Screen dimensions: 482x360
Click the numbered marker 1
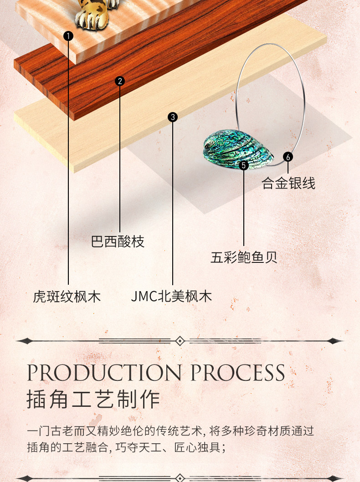point(68,36)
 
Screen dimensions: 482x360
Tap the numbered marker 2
point(120,82)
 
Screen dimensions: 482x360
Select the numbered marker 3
point(173,117)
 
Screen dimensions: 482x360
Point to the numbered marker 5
point(244,165)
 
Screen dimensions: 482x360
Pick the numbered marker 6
point(288,157)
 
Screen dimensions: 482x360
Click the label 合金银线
point(288,183)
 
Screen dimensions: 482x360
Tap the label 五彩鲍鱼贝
point(244,257)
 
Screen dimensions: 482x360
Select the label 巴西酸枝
point(118,241)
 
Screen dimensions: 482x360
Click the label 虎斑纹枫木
point(67,297)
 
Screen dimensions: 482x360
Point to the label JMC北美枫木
point(171,297)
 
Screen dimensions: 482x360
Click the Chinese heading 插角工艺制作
point(93,400)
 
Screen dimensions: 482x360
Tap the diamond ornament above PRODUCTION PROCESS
point(180,341)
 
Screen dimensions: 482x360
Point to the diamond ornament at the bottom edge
point(180,478)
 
